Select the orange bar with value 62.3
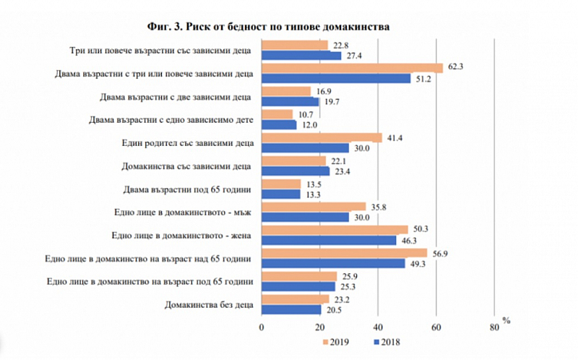pyautogui.click(x=352, y=67)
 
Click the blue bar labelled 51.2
pyautogui.click(x=335, y=78)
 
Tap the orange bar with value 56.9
pyautogui.click(x=344, y=252)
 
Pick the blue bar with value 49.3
pyautogui.click(x=333, y=263)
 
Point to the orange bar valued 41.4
pyautogui.click(x=322, y=137)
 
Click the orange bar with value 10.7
pyautogui.click(x=277, y=113)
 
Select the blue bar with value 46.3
pyautogui.click(x=329, y=240)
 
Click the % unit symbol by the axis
pyautogui.click(x=506, y=320)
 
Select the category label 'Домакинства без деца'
pyautogui.click(x=209, y=304)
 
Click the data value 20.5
pyautogui.click(x=332, y=309)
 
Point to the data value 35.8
pyautogui.click(x=376, y=206)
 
